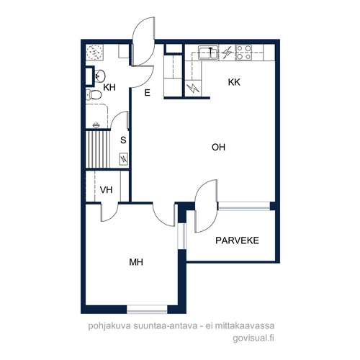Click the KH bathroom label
109,87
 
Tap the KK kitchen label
234,82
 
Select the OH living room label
218,147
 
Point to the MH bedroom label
136,262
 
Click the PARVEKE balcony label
237,240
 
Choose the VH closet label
106,190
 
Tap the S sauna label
123,140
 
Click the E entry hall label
148,93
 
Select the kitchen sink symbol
208,52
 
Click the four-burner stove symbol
243,52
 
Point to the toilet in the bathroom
94,94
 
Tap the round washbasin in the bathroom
99,76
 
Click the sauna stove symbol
124,159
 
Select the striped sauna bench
98,149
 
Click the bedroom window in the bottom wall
147,310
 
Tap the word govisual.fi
253,338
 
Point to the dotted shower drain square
95,52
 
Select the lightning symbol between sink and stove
227,52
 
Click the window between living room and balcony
244,206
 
